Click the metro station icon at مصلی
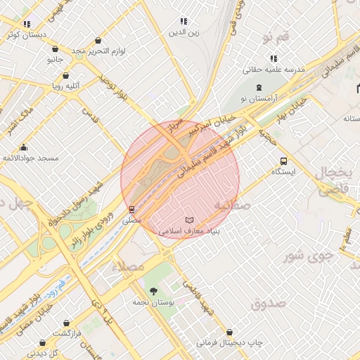click(131, 210)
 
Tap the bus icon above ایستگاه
click(283, 160)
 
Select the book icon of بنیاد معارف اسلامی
click(188, 220)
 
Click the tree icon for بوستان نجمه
click(153, 291)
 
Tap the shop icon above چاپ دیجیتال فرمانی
click(229, 332)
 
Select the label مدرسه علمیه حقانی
click(274, 70)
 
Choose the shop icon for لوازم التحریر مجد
click(56, 50)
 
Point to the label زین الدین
click(184, 32)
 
